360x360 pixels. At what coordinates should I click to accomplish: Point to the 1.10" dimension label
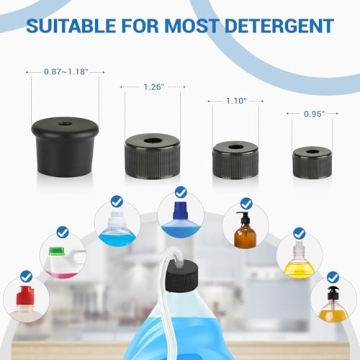(236, 101)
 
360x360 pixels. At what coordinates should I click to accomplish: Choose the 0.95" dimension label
(312, 113)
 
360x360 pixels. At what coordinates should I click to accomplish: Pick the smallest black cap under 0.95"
(312, 160)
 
